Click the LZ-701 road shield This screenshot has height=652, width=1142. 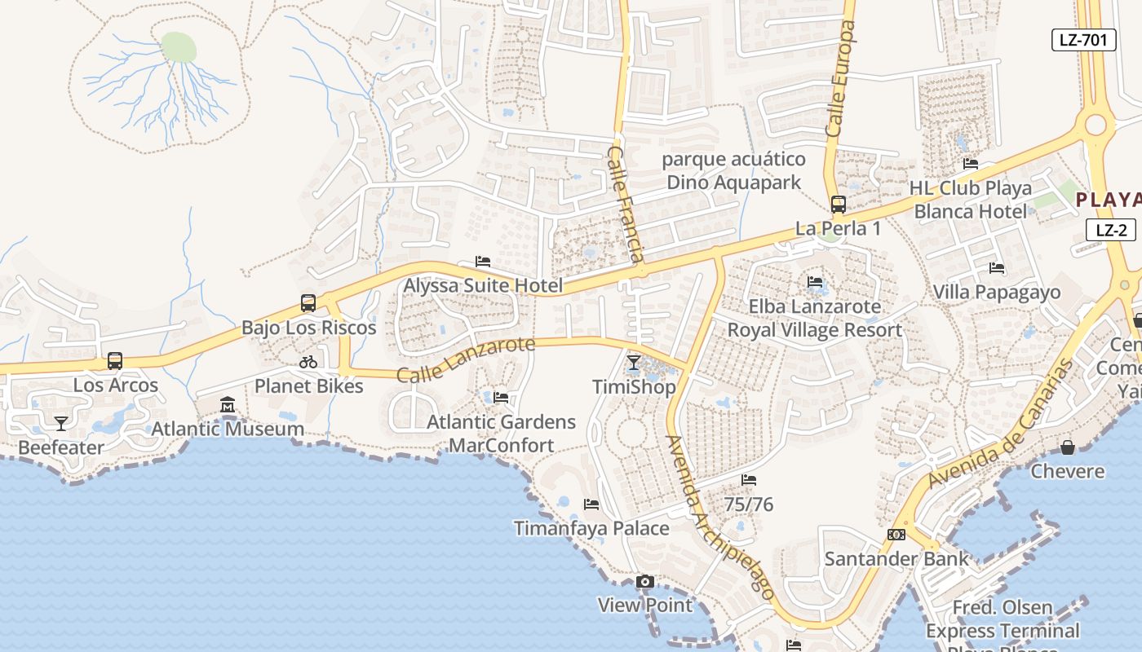tap(1082, 39)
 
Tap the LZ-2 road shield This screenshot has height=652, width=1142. tap(1110, 229)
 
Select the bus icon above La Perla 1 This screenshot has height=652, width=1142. tap(838, 205)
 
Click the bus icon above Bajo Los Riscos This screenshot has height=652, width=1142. tap(308, 303)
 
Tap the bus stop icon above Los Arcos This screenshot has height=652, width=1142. tap(115, 361)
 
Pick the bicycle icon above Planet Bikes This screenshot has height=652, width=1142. tap(308, 362)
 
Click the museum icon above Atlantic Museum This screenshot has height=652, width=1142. tap(228, 404)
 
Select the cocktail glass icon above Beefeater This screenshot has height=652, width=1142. tap(60, 423)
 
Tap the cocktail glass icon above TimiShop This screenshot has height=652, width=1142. tap(633, 363)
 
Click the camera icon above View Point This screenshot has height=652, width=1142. tap(644, 581)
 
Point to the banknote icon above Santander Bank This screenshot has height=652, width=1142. tap(896, 535)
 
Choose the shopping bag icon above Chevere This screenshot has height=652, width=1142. tap(1067, 447)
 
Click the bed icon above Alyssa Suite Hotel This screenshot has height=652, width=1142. tap(483, 262)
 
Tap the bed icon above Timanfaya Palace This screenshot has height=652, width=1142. tap(591, 504)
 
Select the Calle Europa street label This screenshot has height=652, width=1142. tap(841, 79)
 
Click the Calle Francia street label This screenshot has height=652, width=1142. tap(626, 204)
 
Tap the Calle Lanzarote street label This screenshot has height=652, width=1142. tap(466, 359)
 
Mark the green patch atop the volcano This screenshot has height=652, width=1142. tap(179, 46)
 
